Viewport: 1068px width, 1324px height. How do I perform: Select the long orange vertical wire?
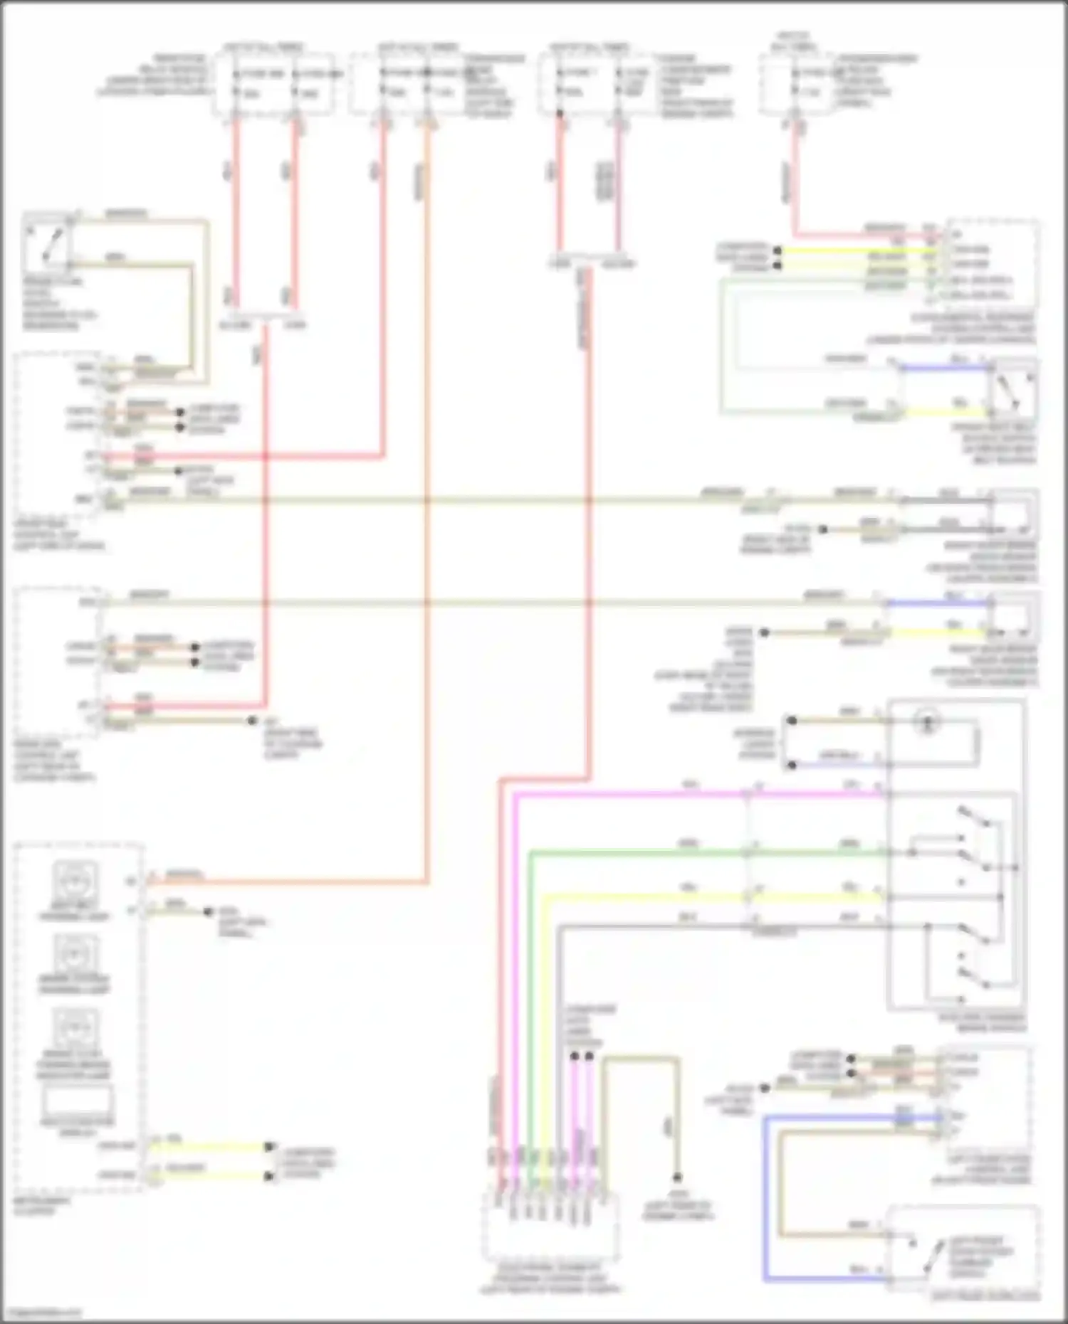tap(427, 498)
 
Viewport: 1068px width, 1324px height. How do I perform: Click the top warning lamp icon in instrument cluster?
tap(75, 880)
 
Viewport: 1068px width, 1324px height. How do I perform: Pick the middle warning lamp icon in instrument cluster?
tap(75, 953)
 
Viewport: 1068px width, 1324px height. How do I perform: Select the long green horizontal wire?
tap(705, 852)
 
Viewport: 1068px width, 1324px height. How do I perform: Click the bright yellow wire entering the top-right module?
tap(854, 250)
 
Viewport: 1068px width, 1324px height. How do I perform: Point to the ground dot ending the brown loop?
tap(677, 1177)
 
